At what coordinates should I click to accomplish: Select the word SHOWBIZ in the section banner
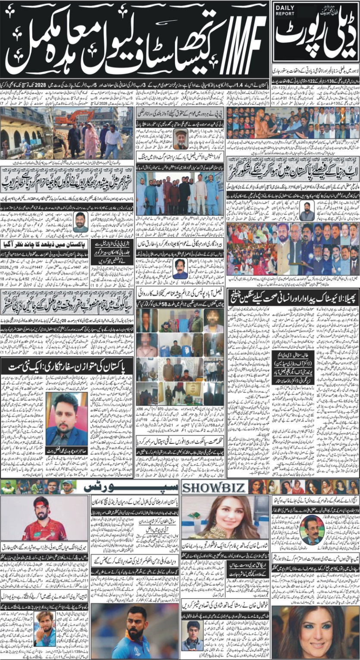214,487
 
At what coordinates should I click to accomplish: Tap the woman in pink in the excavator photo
91,140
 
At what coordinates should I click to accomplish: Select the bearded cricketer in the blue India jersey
134,631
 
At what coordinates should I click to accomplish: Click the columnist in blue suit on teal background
67,420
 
